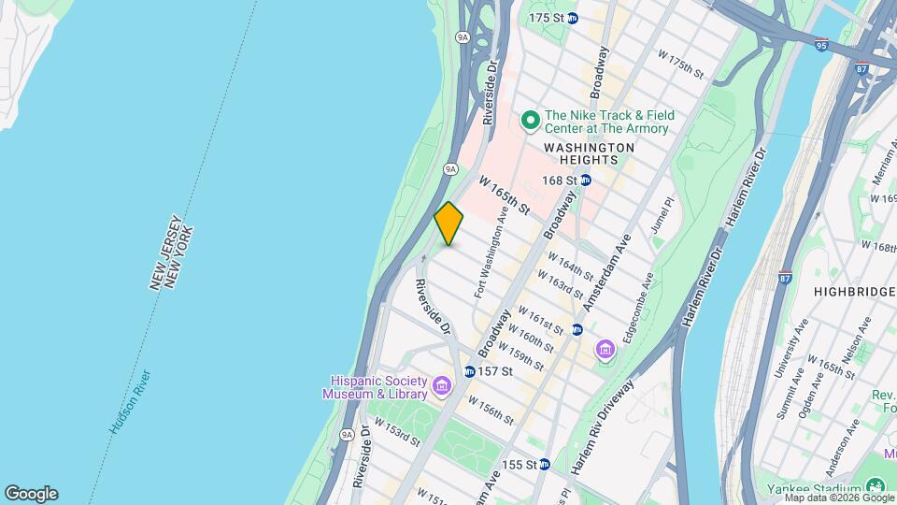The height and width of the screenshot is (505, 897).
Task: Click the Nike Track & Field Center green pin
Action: point(530,119)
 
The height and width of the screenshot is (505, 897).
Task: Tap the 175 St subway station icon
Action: point(573,18)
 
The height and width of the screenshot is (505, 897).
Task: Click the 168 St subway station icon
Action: point(586,180)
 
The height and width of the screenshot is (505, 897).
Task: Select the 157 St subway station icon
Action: point(469,371)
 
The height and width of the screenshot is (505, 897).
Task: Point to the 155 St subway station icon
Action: point(545,464)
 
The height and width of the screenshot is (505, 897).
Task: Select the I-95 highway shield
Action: point(820,44)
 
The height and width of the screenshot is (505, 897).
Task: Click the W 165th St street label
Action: point(505,194)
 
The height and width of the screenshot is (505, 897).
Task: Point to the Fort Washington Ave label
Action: point(491,252)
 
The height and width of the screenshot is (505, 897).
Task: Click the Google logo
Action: point(31,493)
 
